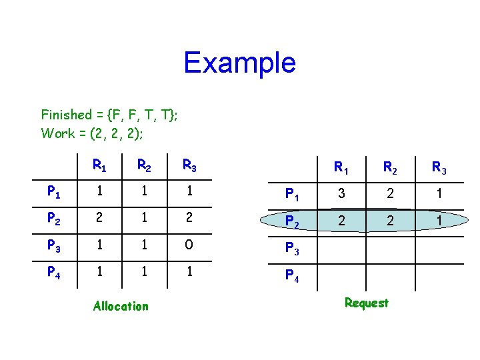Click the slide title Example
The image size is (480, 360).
239,63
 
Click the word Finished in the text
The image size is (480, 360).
66,115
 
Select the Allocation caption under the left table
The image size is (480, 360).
121,306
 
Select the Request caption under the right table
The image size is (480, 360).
366,303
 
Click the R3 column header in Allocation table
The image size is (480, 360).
190,165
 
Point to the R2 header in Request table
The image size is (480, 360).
390,168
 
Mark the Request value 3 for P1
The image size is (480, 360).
341,194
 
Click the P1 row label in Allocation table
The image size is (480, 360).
55,192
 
